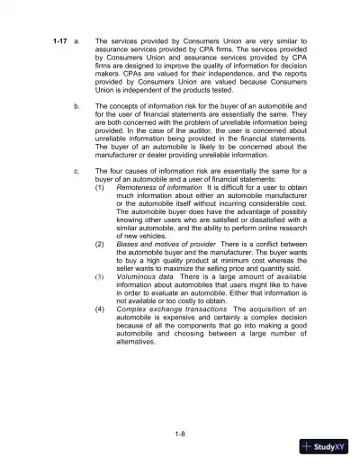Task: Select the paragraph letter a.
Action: [x=75, y=42]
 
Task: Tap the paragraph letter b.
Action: [x=75, y=106]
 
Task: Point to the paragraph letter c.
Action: [x=75, y=171]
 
